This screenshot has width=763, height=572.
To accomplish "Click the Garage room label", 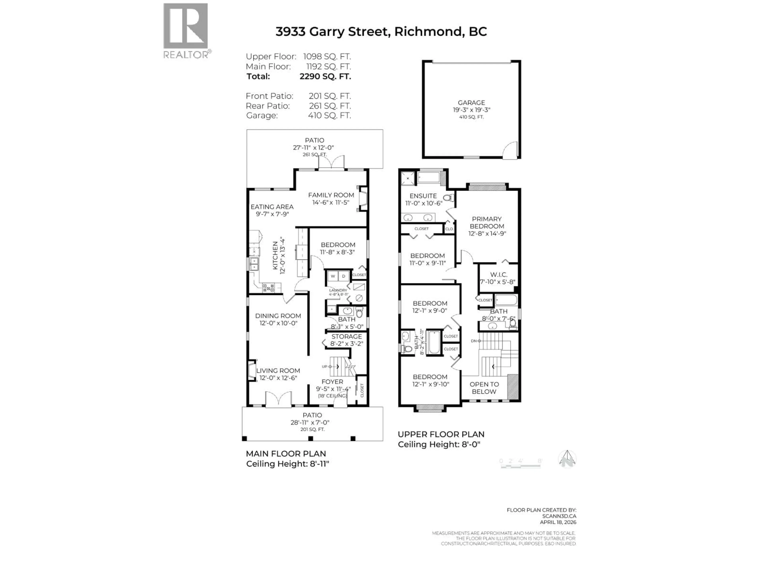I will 471,103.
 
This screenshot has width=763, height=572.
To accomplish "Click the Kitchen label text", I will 275,255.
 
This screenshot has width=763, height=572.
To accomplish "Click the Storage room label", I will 347,336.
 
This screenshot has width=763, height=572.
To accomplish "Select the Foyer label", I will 332,382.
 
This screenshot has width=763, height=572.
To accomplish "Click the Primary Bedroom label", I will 487,222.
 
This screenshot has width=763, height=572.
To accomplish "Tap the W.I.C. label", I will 498,275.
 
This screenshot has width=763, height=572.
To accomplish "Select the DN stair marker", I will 474,341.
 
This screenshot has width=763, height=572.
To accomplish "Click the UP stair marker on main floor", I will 325,366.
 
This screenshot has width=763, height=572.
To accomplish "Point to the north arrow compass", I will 567,459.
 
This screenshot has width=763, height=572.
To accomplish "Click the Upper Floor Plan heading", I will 441,434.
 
